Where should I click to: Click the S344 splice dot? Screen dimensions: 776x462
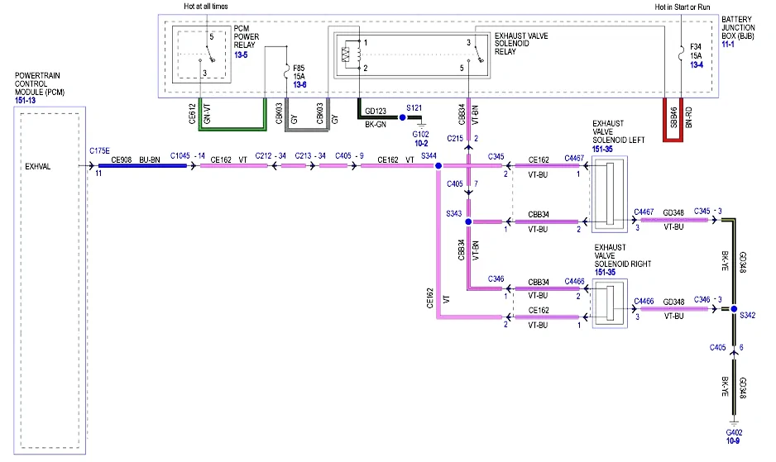coord(438,166)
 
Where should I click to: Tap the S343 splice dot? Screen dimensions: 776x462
coord(468,221)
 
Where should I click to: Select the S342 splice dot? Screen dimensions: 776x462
coord(734,308)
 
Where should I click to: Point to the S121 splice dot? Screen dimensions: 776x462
coord(402,117)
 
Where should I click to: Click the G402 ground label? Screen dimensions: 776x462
coord(734,432)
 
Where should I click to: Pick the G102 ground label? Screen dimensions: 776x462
coord(420,134)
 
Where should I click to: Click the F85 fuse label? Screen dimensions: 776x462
coord(299,68)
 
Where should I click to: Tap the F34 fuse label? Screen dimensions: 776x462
coord(696,47)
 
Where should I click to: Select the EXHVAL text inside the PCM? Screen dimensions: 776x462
coord(37,167)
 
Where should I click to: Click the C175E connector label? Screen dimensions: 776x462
coord(99,151)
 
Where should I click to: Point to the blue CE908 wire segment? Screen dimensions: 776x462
coord(142,165)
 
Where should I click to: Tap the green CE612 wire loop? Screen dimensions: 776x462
coord(232,129)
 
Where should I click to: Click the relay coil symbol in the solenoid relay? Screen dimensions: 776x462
coord(346,55)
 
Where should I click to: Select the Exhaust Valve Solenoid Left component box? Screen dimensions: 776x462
coord(610,194)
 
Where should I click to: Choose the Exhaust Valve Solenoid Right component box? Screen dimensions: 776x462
coord(610,303)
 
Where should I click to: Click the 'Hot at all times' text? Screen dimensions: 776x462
coord(206,7)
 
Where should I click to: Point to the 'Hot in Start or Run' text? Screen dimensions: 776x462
coord(683,7)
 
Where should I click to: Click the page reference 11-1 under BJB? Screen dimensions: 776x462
coord(728,45)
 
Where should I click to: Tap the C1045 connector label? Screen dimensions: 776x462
coord(180,156)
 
